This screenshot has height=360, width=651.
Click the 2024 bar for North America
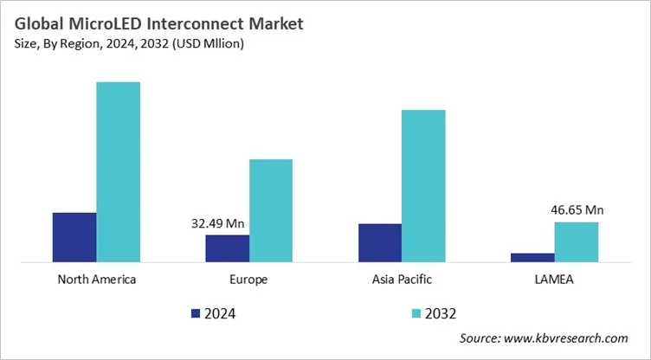click(x=74, y=236)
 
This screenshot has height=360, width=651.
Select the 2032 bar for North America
click(x=118, y=171)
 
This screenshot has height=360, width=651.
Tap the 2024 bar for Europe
click(x=227, y=247)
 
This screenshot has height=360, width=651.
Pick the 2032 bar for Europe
click(x=270, y=210)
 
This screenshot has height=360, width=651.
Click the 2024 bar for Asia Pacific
click(x=379, y=242)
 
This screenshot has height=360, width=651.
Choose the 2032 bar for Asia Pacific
click(x=422, y=185)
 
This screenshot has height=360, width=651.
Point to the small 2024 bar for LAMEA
click(x=532, y=257)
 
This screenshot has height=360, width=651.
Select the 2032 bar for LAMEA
click(x=576, y=241)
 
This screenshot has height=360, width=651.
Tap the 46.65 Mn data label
click(x=577, y=209)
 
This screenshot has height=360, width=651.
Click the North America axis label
click(x=96, y=280)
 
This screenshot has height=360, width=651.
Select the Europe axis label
click(x=248, y=280)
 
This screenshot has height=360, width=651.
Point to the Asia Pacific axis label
click(x=401, y=280)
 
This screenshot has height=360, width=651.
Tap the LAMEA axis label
click(x=554, y=280)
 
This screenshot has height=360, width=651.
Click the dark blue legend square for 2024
click(x=195, y=312)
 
